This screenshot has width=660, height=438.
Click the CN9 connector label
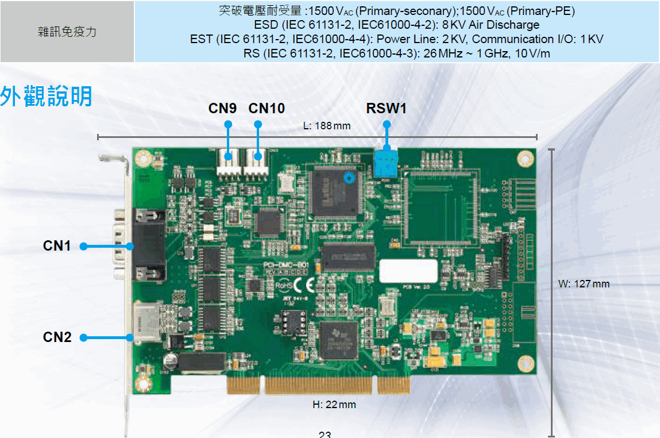[x=222, y=108]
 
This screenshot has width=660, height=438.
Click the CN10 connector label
[x=267, y=108]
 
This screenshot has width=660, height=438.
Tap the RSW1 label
[x=387, y=108]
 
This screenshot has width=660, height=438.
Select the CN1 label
[x=57, y=246]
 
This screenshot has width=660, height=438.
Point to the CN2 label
[x=57, y=337]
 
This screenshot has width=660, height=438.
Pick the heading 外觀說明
[x=46, y=96]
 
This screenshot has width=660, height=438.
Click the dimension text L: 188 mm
[x=326, y=126]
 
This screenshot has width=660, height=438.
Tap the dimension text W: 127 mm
[x=584, y=284]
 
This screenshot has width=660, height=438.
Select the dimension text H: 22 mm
[x=334, y=405]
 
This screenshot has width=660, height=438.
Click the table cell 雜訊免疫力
[x=67, y=32]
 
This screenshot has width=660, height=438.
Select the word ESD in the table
[x=265, y=25]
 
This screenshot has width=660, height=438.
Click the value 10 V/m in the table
[x=533, y=54]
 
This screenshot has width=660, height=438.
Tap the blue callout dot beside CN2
[x=83, y=337]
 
